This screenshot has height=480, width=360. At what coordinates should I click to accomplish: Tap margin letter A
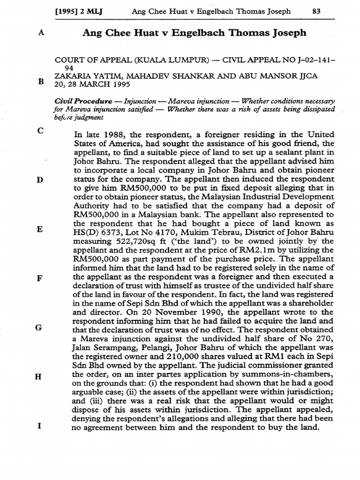tap(40, 33)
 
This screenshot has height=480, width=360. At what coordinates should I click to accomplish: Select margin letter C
tap(40, 131)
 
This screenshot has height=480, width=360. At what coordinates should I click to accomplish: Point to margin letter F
tap(40, 277)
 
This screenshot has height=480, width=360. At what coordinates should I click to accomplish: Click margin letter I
tap(40, 427)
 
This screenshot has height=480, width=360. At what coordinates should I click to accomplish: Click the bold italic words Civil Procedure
tap(83, 101)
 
